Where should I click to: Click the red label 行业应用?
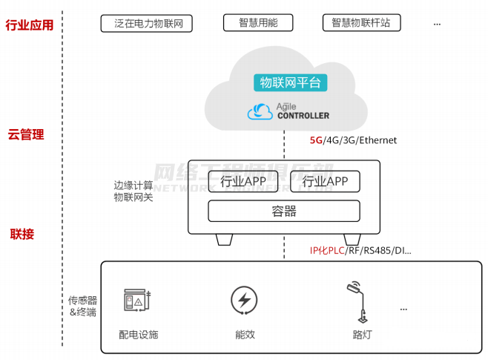coord(30,25)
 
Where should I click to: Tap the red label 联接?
coord(22,235)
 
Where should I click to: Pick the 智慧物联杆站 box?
coord(361,23)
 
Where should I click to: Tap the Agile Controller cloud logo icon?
coord(260,111)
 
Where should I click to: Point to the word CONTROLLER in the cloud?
coord(303,116)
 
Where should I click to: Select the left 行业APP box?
coord(243,181)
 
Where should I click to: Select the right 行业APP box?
coord(325,181)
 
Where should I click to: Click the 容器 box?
coord(284,212)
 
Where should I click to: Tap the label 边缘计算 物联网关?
coord(133,191)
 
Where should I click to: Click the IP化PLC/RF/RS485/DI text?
coord(360,250)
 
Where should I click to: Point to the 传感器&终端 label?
coord(82,306)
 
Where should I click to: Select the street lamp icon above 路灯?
coord(357,299)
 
